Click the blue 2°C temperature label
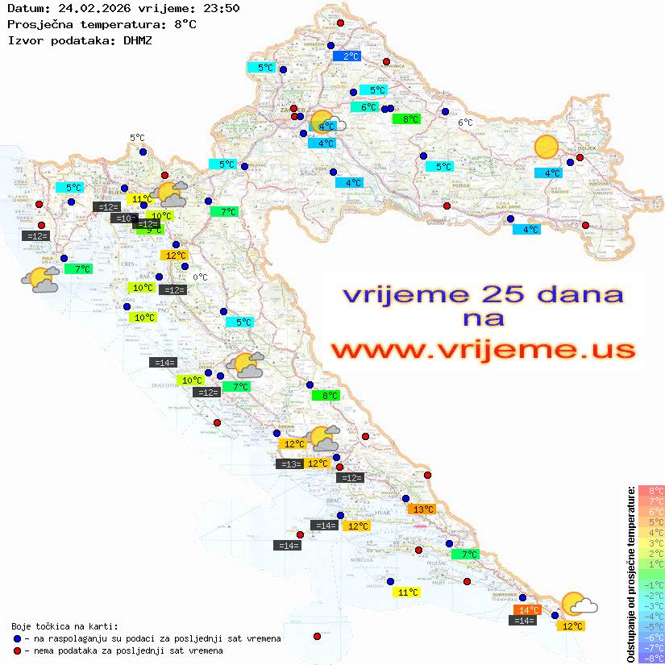347,56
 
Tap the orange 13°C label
422,509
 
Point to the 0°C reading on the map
200,277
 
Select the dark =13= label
289,463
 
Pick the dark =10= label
123,218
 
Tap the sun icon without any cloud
547,147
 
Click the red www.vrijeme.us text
483,351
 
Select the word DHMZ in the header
137,39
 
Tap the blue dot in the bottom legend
17,638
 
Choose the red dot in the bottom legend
17,650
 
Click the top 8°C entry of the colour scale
651,490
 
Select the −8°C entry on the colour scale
651,659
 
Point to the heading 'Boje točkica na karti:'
64,626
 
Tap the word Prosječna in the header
40,24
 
